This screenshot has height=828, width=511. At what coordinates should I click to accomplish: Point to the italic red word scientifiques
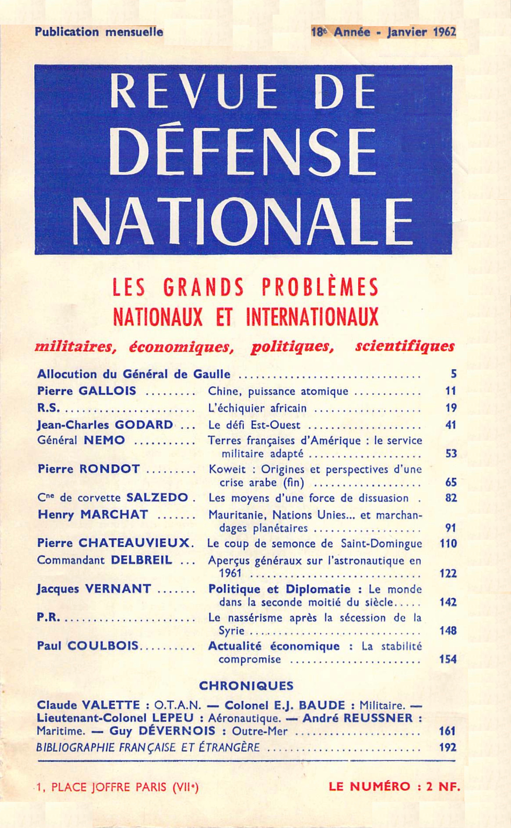[404, 346]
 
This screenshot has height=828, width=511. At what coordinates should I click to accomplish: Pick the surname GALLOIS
[107, 391]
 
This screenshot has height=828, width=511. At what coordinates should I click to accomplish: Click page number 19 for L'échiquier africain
[451, 408]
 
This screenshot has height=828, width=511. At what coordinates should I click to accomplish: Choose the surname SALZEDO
[157, 498]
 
